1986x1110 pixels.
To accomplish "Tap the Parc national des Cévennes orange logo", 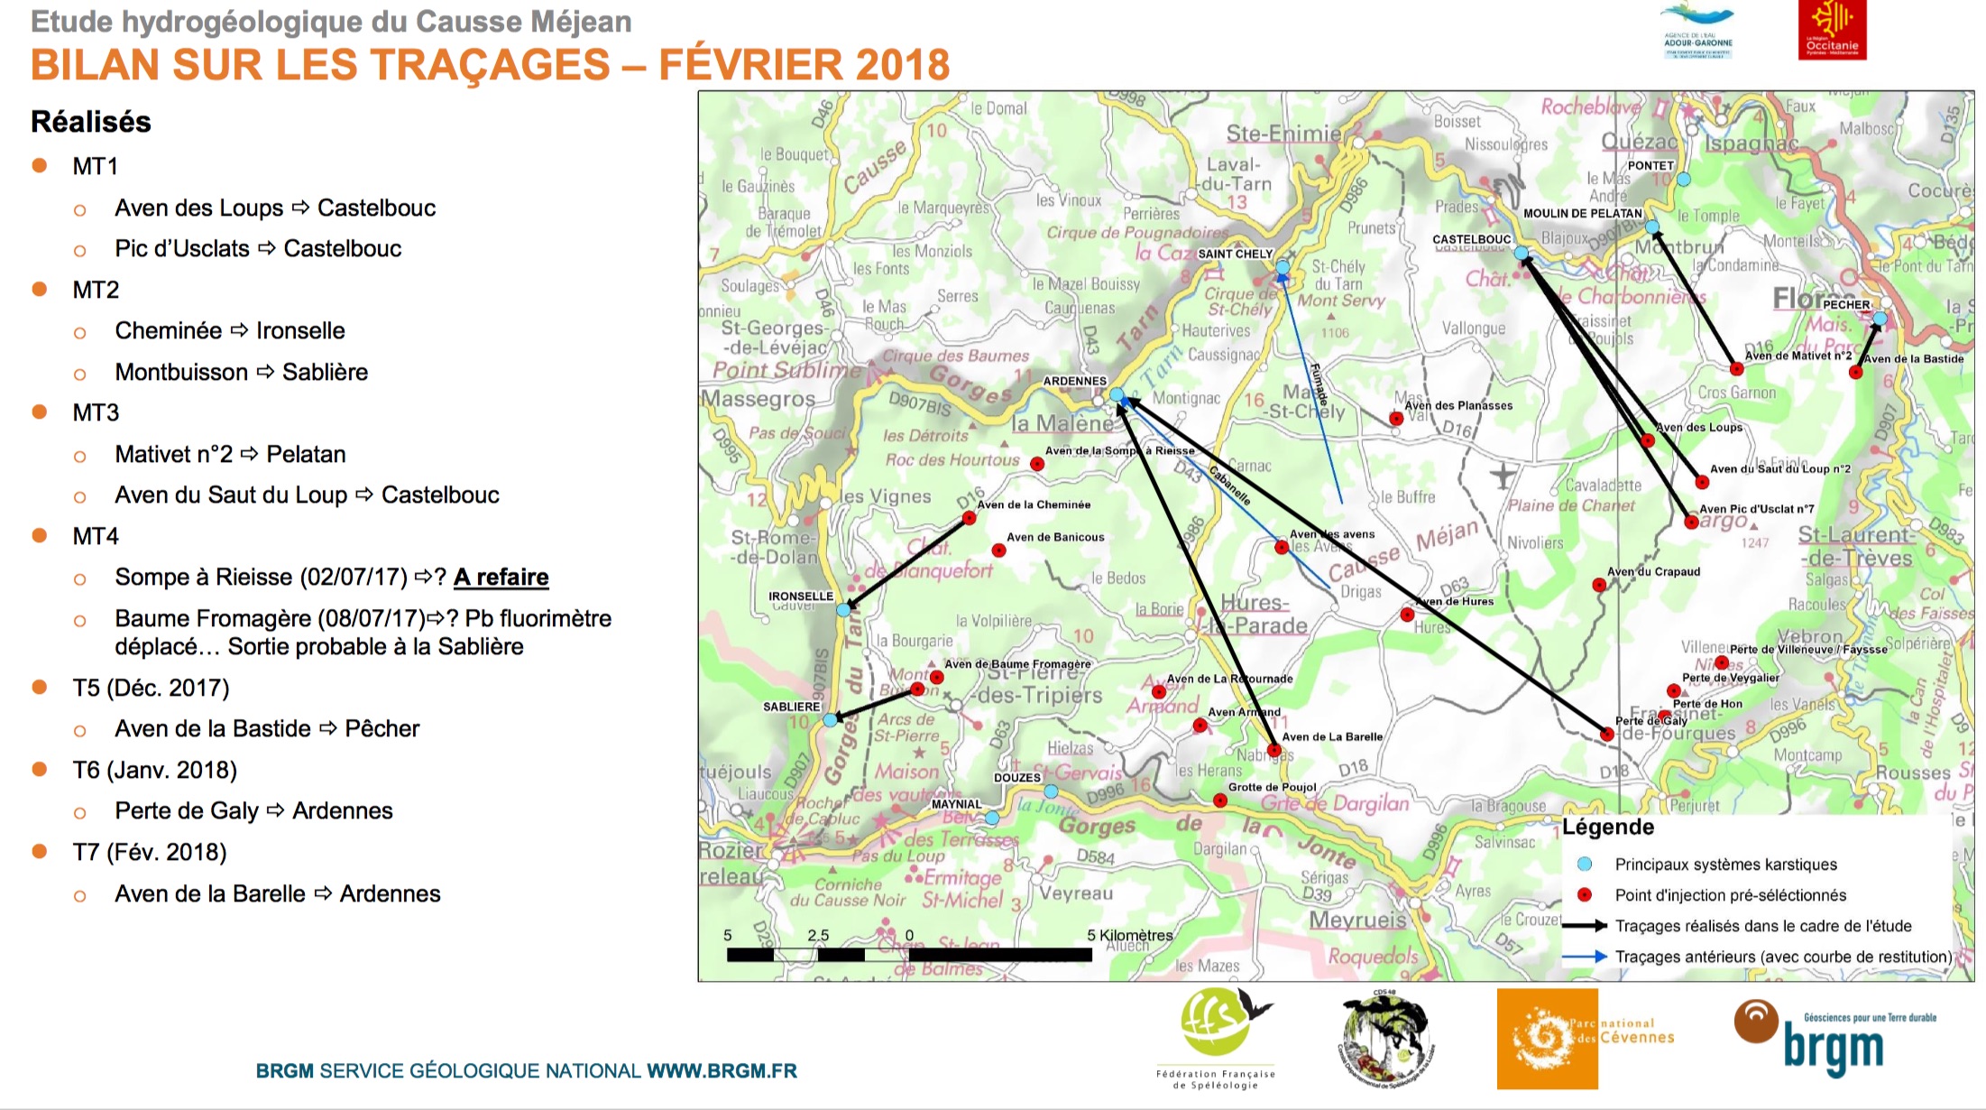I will tap(1548, 1039).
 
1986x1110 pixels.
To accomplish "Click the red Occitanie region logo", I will tap(1831, 30).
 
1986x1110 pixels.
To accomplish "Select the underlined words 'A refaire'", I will tap(501, 577).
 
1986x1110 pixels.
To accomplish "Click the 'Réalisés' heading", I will tap(91, 122).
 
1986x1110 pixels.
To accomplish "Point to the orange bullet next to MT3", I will tap(40, 412).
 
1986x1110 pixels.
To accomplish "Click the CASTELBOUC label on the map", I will tap(1471, 239).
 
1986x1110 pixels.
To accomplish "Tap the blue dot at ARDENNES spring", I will tap(1117, 394).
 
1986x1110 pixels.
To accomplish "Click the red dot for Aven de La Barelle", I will tap(1273, 750).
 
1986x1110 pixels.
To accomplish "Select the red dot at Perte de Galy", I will tap(1606, 735).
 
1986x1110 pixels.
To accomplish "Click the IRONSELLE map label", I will tap(800, 597).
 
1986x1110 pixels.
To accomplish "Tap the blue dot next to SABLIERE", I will tap(830, 720).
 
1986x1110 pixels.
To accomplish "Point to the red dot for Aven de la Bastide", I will tap(1855, 372).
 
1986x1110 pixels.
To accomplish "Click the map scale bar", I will tap(909, 954).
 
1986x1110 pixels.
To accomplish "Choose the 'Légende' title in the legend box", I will tap(1608, 827).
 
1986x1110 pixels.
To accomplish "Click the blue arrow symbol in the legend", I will tap(1584, 957).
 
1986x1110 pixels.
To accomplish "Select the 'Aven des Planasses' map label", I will tap(1458, 405).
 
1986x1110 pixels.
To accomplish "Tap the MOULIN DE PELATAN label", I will tap(1582, 214).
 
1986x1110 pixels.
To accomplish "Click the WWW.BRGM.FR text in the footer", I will tap(722, 1071).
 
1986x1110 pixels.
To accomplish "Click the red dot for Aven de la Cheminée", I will tap(969, 518).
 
